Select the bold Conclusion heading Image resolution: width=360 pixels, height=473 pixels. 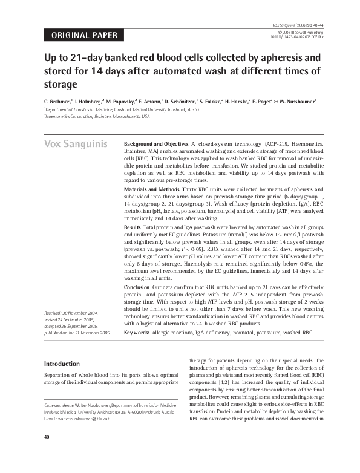click(x=137, y=287)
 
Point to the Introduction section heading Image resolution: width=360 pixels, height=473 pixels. click(x=62, y=364)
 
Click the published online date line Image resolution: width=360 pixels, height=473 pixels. click(x=77, y=333)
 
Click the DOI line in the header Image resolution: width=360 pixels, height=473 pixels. click(x=298, y=37)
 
